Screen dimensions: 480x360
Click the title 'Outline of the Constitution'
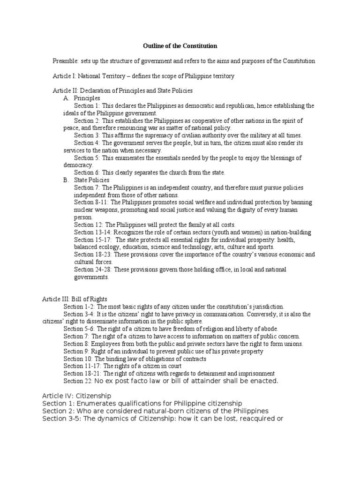pyautogui.click(x=180, y=46)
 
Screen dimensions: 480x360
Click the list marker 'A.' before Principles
pyautogui.click(x=67, y=98)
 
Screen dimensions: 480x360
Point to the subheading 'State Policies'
pyautogui.click(x=91, y=180)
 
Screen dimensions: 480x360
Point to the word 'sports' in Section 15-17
pyautogui.click(x=265, y=247)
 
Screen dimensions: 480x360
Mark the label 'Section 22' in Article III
pyautogui.click(x=77, y=381)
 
